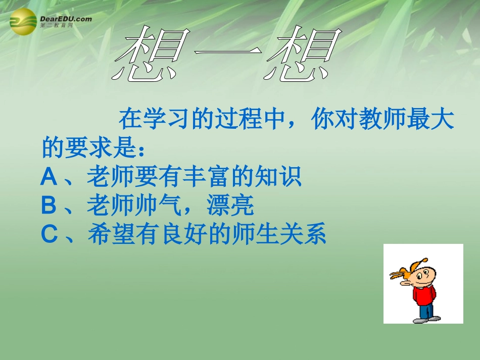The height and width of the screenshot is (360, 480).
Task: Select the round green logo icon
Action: coord(23,22)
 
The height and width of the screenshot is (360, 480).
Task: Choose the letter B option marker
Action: coord(50,205)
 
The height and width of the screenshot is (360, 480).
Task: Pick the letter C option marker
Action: coord(50,234)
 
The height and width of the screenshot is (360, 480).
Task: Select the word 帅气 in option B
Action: coord(171,205)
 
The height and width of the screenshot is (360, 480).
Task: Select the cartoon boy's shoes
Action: coord(426,319)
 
